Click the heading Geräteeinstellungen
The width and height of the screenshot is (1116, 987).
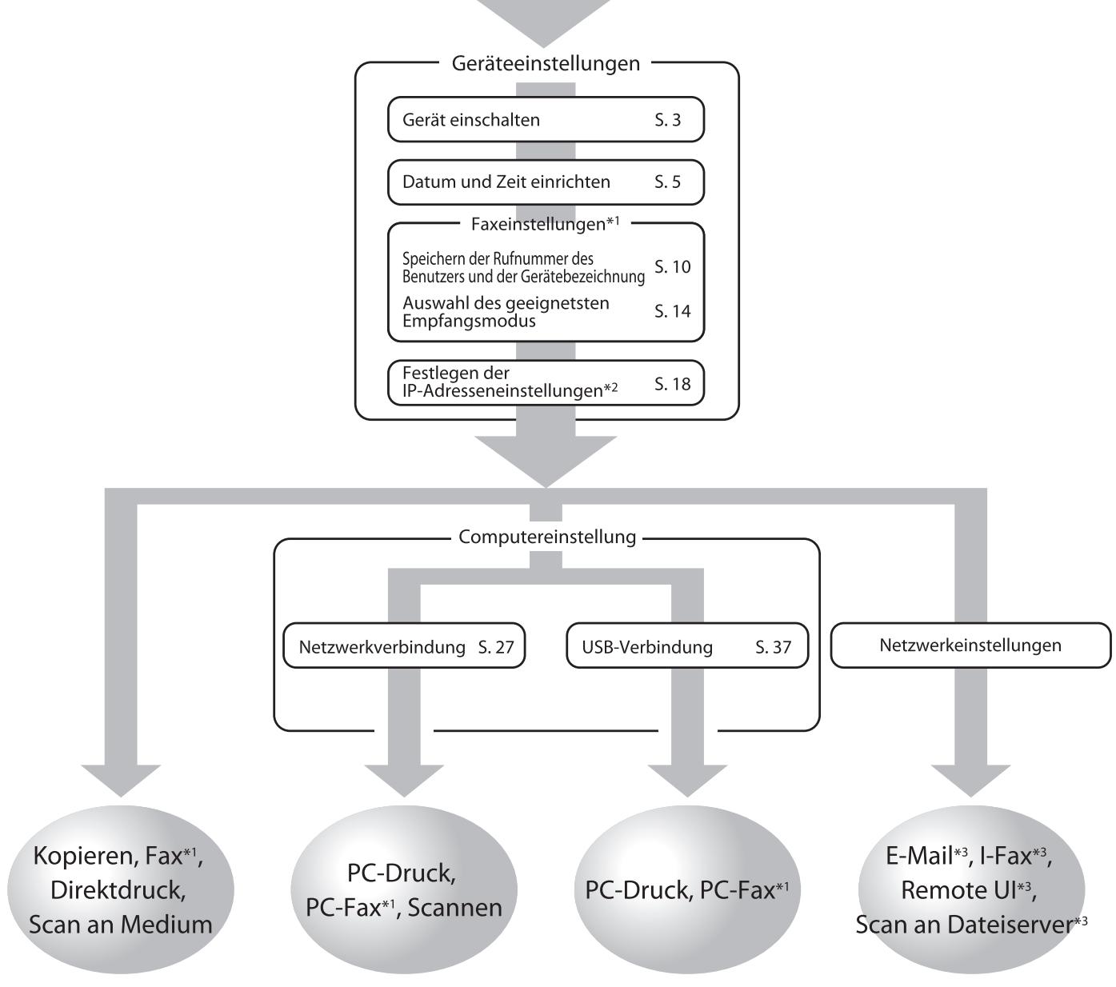click(546, 64)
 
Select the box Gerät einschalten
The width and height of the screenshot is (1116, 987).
click(546, 120)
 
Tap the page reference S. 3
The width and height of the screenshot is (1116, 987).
click(667, 120)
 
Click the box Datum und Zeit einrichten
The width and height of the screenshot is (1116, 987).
click(546, 182)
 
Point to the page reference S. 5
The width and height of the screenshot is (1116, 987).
click(667, 182)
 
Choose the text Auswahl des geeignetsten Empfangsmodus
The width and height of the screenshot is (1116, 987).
click(516, 312)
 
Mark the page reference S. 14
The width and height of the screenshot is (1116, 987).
click(672, 312)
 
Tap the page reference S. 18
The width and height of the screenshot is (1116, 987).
click(672, 385)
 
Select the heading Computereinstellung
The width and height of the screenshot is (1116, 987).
click(546, 537)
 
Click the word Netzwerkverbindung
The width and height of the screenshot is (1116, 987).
click(382, 646)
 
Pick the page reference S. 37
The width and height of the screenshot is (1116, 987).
click(773, 646)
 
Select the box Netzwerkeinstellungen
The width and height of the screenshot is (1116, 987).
click(970, 645)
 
